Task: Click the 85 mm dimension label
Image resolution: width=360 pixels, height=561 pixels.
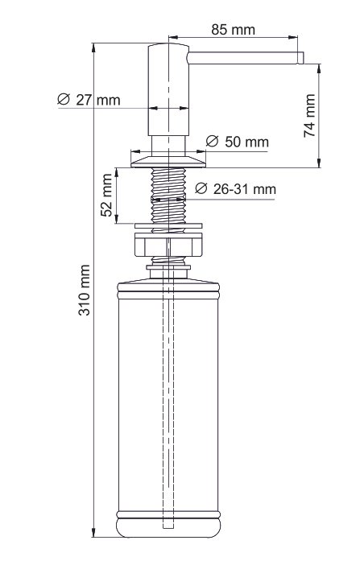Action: click(233, 30)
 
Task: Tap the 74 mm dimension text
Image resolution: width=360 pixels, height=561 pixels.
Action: click(309, 115)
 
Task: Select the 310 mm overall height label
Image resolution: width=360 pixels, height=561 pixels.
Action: click(85, 290)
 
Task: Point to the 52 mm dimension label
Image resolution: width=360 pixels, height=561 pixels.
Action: click(106, 195)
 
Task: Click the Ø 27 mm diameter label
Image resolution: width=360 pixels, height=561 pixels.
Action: click(89, 100)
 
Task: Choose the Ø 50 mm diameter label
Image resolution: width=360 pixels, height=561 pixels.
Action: click(238, 142)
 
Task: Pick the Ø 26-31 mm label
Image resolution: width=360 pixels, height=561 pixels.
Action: click(236, 189)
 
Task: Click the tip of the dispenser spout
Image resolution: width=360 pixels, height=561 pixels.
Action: click(301, 58)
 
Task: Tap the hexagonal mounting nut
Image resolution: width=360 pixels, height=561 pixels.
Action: click(168, 245)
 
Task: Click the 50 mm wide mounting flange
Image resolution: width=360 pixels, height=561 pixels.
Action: click(168, 162)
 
